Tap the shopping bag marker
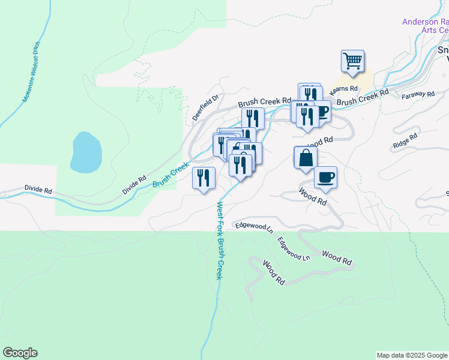coord(306,158)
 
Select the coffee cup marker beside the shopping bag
coord(325,178)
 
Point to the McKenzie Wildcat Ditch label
coord(34,76)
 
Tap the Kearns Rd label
coord(344,89)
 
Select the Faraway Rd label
coord(418,95)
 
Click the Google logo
coord(20,353)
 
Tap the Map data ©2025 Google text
coord(412,355)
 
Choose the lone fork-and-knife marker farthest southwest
coord(203,178)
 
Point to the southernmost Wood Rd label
coord(273,272)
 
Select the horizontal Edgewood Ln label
coord(254,227)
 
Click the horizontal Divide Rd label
coord(38,189)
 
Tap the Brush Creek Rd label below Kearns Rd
coord(363,98)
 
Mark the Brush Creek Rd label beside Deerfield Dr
coord(264,103)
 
